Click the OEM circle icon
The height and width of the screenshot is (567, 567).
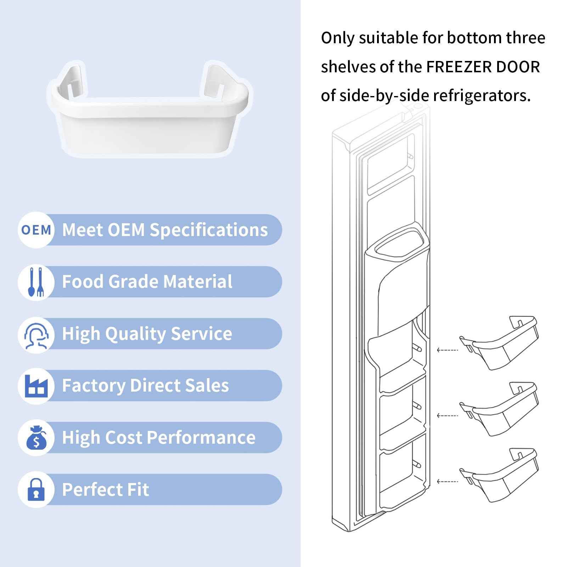coord(36,230)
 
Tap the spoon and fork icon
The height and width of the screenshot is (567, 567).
coord(36,282)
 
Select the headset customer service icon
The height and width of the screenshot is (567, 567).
coord(36,334)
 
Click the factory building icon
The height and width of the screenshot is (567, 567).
coord(36,386)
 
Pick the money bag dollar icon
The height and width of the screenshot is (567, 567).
coord(36,438)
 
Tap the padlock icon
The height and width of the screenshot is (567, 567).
coord(36,490)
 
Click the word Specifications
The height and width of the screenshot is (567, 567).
coord(209,230)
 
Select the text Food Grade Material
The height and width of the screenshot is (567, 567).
coord(147,282)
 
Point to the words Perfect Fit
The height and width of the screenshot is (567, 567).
coord(106,490)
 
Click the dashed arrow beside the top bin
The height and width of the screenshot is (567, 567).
coord(447,350)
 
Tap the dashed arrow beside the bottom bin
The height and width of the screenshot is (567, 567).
coord(447,482)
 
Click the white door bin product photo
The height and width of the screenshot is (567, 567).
coord(150,110)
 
